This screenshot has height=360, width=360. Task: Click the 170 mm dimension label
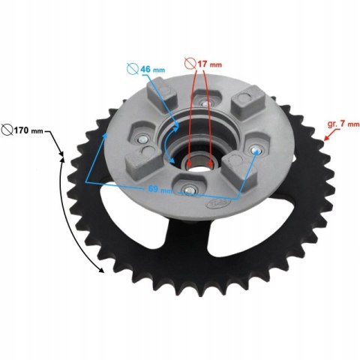(28, 130)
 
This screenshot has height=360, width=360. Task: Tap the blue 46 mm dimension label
(152, 69)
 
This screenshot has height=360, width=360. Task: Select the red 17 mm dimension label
(209, 64)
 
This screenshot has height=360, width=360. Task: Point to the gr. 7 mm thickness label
(343, 124)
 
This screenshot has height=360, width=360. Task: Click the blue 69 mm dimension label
(160, 190)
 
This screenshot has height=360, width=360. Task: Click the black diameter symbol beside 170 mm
(7, 130)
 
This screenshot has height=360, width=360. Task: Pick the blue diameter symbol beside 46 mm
(133, 69)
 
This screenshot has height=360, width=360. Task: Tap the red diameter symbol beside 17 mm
(190, 64)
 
